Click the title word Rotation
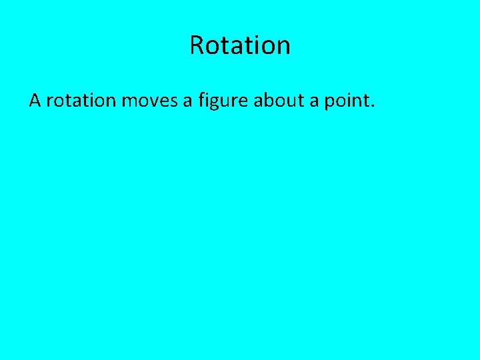point(240,45)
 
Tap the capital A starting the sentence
point(35,101)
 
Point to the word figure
point(221,101)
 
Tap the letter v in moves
point(151,102)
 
